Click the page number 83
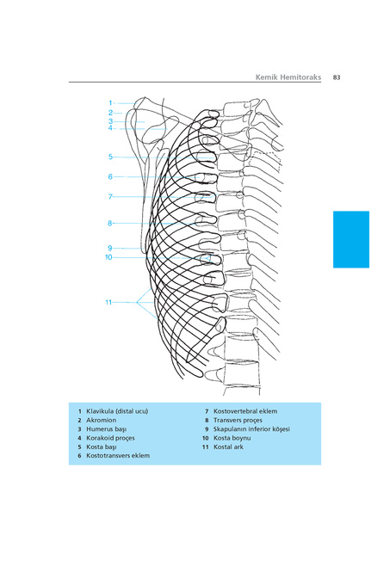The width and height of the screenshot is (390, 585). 337,77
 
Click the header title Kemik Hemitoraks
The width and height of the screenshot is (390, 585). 288,77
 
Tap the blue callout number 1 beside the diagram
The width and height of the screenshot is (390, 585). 110,103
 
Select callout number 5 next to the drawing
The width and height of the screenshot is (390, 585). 110,157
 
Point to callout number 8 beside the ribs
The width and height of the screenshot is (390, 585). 109,223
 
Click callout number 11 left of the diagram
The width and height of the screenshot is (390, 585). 108,302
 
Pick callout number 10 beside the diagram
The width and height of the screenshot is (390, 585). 108,257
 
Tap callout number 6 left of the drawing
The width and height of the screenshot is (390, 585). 110,176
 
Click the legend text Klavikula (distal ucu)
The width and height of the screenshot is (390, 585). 117,411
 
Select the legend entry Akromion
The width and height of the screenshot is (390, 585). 101,420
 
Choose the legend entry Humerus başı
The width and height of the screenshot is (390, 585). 107,429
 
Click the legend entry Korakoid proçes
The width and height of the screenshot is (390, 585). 110,438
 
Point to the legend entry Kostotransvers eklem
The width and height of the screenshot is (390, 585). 118,456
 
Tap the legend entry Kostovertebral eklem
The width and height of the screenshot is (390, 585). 245,411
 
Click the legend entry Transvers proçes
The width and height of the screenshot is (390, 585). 238,420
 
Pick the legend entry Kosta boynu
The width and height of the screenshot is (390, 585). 232,438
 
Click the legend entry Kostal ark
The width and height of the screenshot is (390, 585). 228,446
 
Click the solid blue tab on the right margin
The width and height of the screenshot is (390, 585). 350,239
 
